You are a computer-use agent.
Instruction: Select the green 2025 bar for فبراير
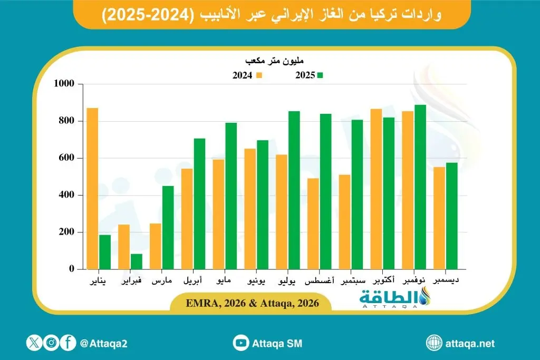click(136, 261)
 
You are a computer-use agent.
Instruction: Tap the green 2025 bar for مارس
click(168, 227)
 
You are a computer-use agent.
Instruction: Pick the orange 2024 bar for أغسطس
click(313, 223)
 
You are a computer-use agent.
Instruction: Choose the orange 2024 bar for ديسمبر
click(439, 218)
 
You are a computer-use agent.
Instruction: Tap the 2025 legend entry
click(309, 75)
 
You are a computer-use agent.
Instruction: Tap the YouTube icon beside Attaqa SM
click(242, 343)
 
